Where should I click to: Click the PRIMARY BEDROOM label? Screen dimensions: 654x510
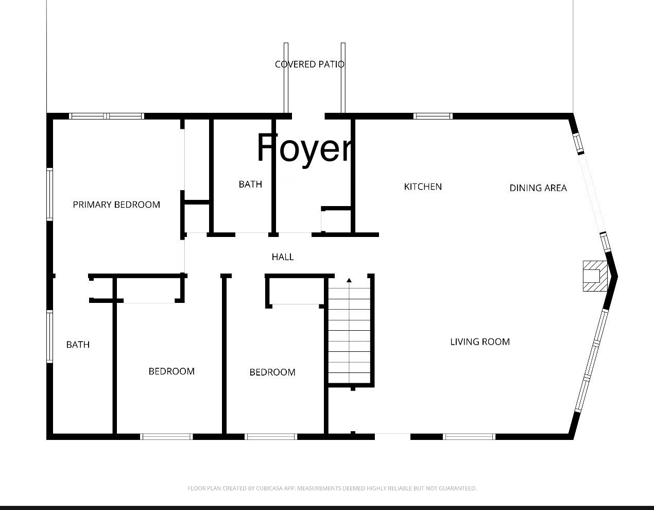(116, 205)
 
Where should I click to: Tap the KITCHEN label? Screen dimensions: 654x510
(423, 186)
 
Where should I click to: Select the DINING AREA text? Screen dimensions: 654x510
(538, 188)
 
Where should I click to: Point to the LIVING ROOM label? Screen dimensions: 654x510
(480, 342)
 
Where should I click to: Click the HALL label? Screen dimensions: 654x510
(283, 257)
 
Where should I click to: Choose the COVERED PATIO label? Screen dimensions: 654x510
(309, 64)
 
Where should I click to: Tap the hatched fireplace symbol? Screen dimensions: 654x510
(595, 276)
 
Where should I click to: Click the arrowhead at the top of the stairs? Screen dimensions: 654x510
(349, 280)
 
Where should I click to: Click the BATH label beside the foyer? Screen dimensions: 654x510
(250, 184)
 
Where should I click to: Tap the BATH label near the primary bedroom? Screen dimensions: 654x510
(78, 345)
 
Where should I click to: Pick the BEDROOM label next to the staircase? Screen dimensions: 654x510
(272, 372)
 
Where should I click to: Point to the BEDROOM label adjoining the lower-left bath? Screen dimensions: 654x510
(171, 371)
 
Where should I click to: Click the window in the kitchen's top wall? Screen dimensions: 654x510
(433, 116)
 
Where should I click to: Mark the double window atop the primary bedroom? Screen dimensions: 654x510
(107, 116)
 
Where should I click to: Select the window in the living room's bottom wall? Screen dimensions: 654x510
(469, 436)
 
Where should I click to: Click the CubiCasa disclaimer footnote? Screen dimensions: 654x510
(332, 488)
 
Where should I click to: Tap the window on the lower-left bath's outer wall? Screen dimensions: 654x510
(49, 336)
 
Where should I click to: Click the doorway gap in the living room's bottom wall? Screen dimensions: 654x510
(393, 436)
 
